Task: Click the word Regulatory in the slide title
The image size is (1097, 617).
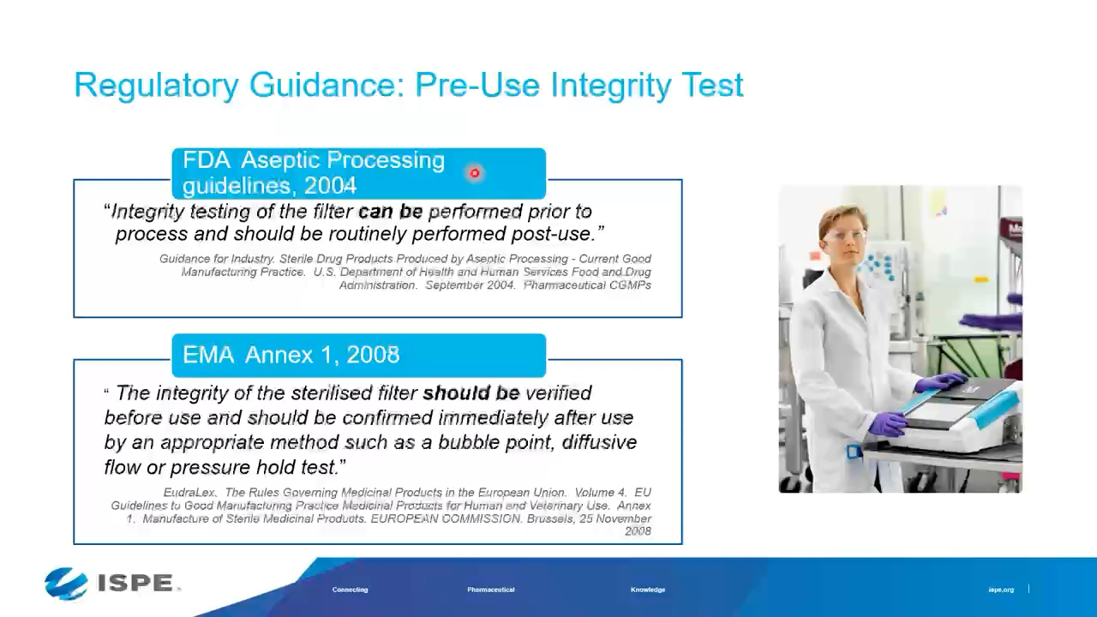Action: (156, 86)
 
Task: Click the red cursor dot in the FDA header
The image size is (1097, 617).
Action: (475, 173)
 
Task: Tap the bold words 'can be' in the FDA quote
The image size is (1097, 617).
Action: (390, 211)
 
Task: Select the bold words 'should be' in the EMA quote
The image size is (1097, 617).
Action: (471, 393)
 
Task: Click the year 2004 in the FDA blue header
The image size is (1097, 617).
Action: (330, 186)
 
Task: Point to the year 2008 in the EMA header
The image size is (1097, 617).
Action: (373, 355)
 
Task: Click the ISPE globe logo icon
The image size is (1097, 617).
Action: (66, 584)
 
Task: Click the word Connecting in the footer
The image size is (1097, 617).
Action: (350, 590)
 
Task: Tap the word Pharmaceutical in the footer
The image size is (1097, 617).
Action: (491, 590)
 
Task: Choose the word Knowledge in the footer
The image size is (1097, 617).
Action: (648, 590)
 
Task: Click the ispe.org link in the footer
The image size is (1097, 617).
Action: (1001, 590)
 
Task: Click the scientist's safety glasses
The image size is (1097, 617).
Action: (846, 237)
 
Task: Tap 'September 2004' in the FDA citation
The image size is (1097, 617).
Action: (470, 285)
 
